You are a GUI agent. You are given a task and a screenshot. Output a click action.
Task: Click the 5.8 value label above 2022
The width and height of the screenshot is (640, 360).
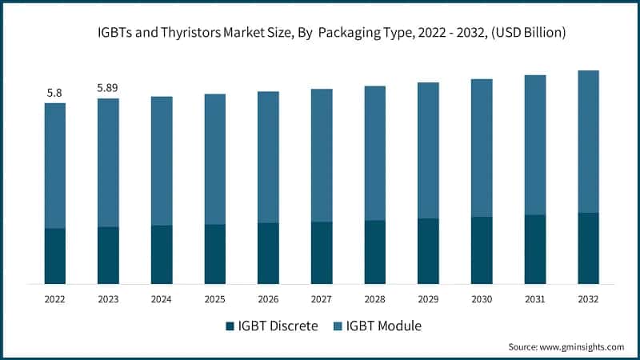pyautogui.click(x=54, y=93)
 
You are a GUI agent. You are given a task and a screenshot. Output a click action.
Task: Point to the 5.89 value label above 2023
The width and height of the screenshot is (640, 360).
pyautogui.click(x=108, y=88)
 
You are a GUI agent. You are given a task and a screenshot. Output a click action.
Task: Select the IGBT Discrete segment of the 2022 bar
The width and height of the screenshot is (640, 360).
pyautogui.click(x=54, y=256)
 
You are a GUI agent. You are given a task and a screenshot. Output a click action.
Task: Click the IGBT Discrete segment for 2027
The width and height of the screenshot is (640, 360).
pyautogui.click(x=322, y=253)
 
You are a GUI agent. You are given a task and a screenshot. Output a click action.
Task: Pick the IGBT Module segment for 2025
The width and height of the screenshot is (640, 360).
pyautogui.click(x=214, y=159)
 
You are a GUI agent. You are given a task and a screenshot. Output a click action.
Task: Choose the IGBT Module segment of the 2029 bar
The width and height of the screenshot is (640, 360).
pyautogui.click(x=428, y=150)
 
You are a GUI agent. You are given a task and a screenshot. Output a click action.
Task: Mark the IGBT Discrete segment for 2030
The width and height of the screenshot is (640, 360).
pyautogui.click(x=482, y=250)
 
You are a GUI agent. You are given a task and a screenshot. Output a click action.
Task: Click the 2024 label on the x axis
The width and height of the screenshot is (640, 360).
pyautogui.click(x=162, y=299)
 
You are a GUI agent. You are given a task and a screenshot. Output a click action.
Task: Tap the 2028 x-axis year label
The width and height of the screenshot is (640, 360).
pyautogui.click(x=374, y=299)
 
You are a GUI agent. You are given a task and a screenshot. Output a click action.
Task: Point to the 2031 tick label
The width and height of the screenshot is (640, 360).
pyautogui.click(x=534, y=299)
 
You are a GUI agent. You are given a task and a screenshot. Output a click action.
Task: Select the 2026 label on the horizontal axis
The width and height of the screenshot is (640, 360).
pyautogui.click(x=268, y=299)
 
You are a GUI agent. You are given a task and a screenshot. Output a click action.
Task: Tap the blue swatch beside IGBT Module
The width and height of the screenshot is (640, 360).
pyautogui.click(x=338, y=326)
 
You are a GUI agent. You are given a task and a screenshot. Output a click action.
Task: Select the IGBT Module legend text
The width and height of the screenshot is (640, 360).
pyautogui.click(x=384, y=326)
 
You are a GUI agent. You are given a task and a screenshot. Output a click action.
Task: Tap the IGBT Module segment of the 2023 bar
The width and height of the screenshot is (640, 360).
pyautogui.click(x=108, y=162)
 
